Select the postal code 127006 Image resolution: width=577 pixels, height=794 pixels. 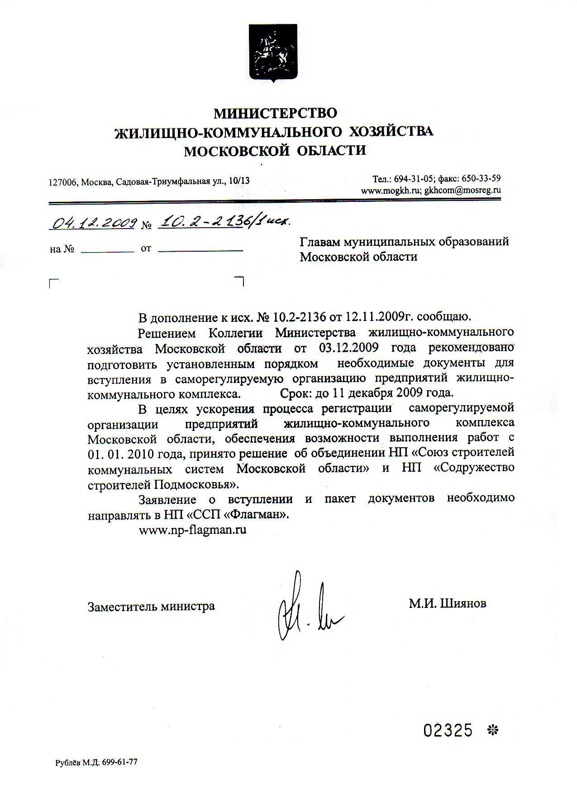(63, 182)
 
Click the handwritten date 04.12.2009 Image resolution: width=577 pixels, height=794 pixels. (95, 223)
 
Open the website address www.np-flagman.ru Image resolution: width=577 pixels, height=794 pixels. (192, 530)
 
